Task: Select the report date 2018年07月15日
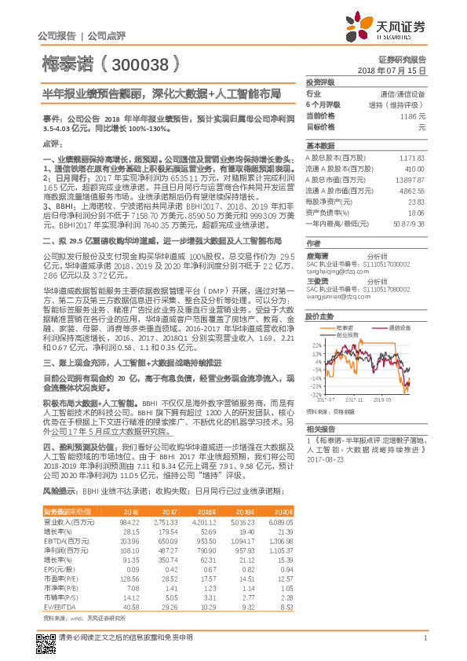coord(403,71)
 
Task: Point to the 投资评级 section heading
coord(320,82)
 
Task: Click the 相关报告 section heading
coord(321,429)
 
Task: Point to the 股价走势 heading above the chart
coord(320,295)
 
